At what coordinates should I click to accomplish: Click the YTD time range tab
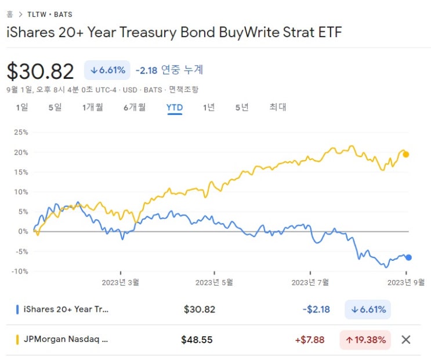coord(174,107)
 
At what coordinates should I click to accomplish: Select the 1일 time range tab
coord(21,107)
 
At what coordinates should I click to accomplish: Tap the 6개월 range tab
coord(134,107)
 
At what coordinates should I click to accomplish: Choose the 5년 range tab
coord(241,107)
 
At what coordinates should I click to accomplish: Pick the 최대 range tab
coord(277,107)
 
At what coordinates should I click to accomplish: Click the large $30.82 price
coord(41,71)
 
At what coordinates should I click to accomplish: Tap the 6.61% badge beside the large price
coord(108,70)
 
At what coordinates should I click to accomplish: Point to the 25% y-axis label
coord(21,132)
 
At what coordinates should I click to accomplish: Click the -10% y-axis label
coord(20,271)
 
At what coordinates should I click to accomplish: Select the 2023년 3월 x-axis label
coord(121,282)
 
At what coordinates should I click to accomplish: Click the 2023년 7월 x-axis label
coord(310,282)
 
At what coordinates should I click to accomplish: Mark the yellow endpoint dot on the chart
coord(406,154)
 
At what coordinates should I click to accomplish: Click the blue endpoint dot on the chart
coord(408,257)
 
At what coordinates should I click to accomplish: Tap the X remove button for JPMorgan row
coord(406,340)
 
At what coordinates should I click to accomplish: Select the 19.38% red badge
coord(365,340)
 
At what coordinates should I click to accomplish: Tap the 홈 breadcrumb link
coord(9,14)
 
